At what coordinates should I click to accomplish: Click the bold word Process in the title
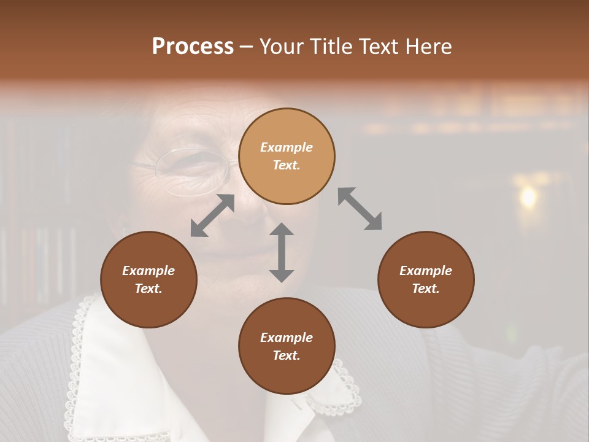coord(193,47)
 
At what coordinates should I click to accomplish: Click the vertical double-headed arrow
coord(282,252)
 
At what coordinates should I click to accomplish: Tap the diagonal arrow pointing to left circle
coord(212,215)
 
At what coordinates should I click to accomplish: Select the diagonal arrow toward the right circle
coord(360,209)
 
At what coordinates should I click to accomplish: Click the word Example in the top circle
coord(287,147)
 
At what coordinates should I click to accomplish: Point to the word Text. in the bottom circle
coord(287,355)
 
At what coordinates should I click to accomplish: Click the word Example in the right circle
coord(426,271)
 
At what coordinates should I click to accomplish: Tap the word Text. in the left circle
coord(148,289)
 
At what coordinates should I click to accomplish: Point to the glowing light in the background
coord(528,196)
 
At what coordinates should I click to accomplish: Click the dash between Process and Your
coord(246,47)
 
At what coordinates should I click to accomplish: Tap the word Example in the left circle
coord(148,271)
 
